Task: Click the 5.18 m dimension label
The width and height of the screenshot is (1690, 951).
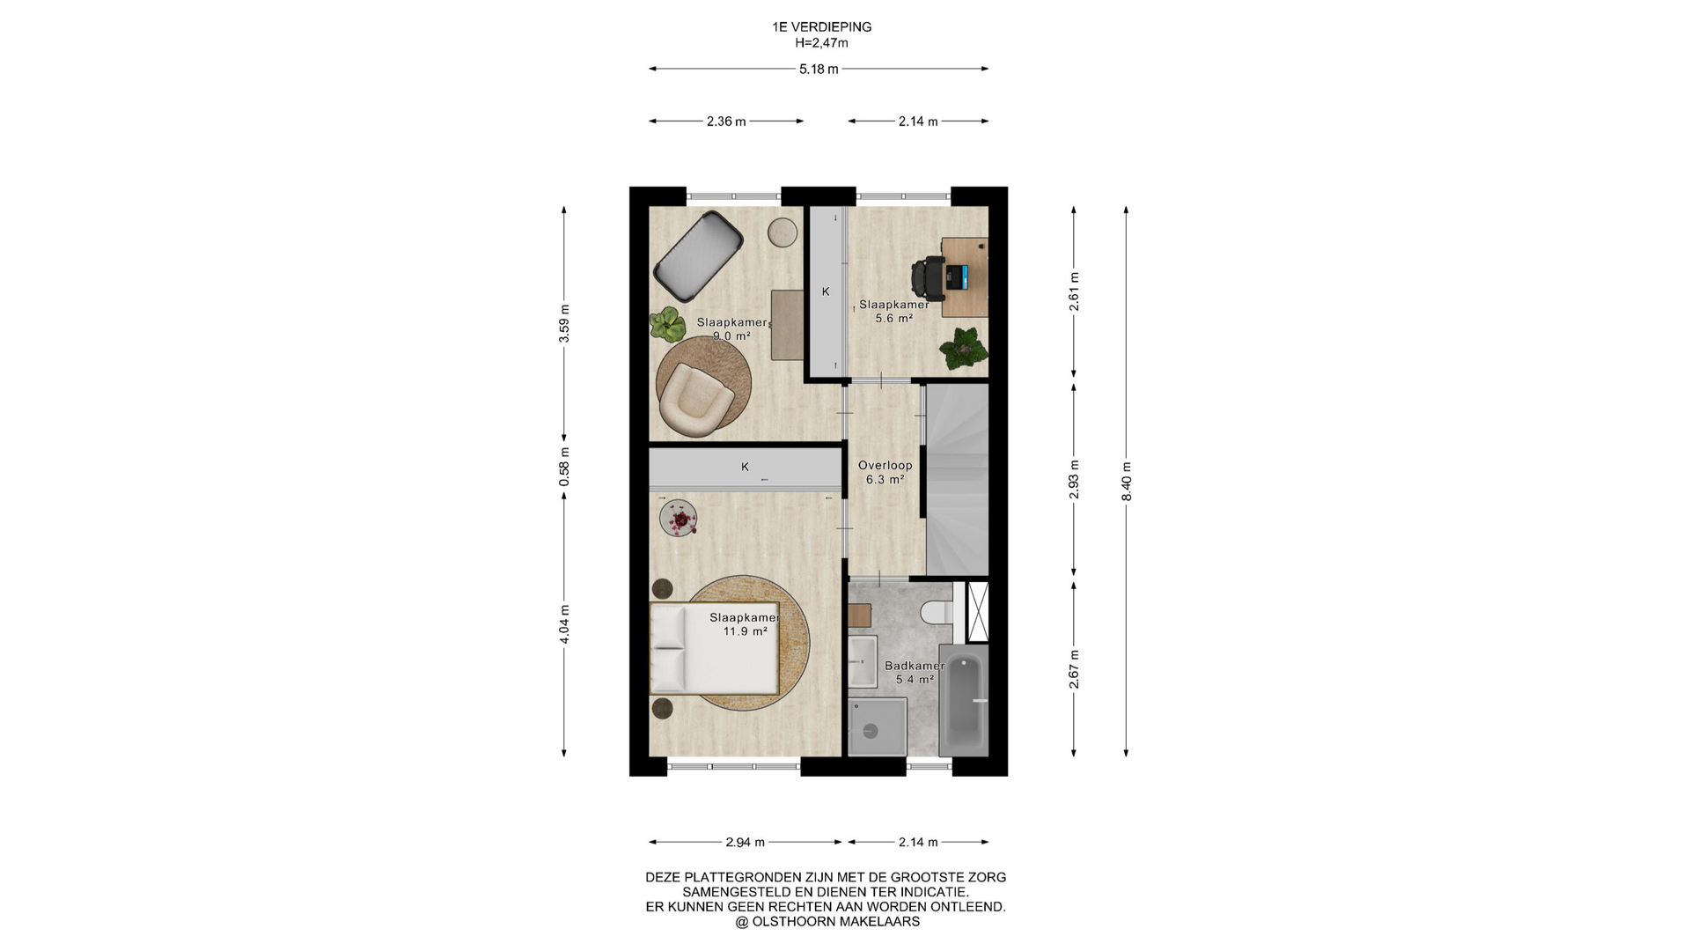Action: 819,69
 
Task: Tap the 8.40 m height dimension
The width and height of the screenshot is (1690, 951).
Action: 1127,482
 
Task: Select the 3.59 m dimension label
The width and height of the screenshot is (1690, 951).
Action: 564,323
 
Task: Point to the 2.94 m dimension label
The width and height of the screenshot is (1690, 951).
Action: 745,842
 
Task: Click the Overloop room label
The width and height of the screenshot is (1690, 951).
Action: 885,465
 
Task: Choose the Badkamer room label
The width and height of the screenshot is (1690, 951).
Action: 915,666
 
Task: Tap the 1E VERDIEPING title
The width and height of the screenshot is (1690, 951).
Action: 822,27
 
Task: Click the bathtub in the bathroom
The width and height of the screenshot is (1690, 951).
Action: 963,704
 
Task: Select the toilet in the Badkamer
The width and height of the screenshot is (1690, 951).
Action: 937,611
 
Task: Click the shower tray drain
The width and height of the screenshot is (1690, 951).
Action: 871,730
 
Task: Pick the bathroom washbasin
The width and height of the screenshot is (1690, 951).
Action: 862,661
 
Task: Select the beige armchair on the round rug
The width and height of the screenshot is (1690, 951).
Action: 695,400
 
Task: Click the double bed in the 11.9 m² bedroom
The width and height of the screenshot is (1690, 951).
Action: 715,648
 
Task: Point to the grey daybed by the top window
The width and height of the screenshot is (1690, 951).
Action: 698,255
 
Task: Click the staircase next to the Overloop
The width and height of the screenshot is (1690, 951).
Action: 958,480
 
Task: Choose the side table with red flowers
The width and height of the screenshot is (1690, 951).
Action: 679,518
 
